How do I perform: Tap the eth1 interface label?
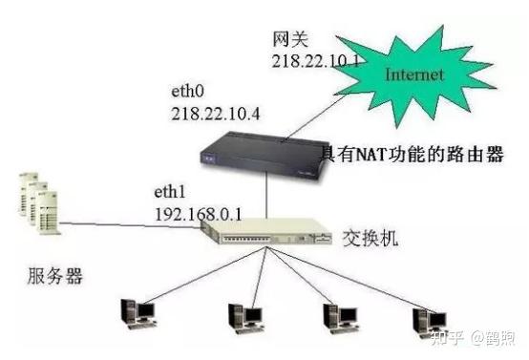[169, 191]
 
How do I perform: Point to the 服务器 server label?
[54, 278]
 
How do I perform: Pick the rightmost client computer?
[426, 318]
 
